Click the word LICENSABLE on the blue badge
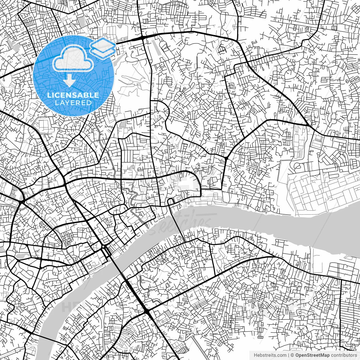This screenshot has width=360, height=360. point(73,95)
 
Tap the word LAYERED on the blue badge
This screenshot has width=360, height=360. point(73,103)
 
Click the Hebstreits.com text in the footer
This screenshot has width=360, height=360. point(270,355)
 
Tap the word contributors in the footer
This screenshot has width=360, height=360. point(344,355)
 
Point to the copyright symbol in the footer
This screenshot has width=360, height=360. point(292,355)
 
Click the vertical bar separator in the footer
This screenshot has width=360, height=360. point(289,355)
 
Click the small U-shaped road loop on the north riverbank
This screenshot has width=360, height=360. point(170,201)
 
